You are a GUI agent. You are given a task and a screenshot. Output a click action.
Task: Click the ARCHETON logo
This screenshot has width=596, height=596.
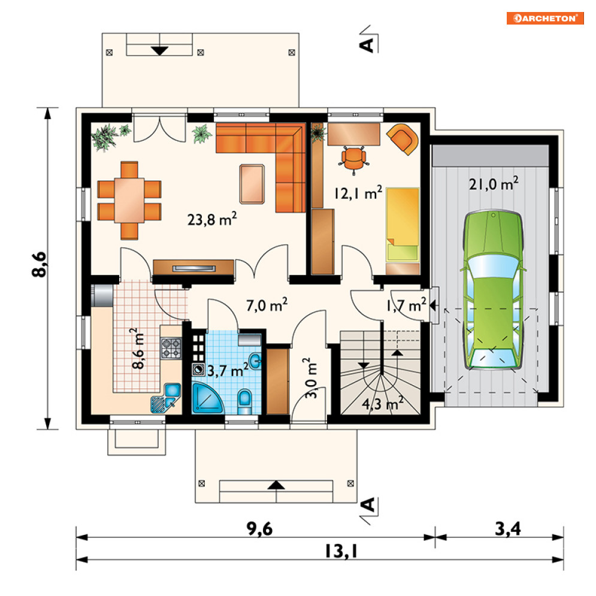click(545, 18)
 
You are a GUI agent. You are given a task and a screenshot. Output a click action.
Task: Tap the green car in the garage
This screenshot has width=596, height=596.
click(492, 289)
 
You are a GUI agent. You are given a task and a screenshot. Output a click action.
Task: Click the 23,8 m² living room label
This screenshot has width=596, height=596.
click(212, 219)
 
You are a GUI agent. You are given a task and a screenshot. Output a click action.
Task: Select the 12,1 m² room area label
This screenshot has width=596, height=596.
click(358, 193)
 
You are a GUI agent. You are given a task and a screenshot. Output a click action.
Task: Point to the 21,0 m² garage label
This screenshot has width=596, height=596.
click(494, 183)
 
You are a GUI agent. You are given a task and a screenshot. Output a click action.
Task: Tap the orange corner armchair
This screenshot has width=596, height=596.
click(403, 139)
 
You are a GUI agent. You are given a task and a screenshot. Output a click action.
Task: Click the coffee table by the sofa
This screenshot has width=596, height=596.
click(252, 184)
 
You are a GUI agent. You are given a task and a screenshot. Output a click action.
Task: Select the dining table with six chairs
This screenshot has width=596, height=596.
click(129, 200)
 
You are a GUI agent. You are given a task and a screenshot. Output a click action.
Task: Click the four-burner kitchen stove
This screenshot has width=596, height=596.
click(171, 348)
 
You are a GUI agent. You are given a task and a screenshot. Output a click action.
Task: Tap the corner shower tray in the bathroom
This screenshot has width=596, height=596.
click(207, 398)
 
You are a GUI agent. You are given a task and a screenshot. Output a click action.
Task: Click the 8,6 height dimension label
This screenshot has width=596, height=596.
click(39, 265)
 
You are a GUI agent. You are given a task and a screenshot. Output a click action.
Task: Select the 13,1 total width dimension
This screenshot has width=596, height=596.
click(341, 551)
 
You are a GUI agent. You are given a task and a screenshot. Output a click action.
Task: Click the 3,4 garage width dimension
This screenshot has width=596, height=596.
click(508, 529)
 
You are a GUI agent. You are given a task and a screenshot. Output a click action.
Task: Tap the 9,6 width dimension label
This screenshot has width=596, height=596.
click(259, 529)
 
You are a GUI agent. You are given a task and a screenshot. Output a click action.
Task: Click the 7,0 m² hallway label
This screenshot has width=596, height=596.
click(267, 305)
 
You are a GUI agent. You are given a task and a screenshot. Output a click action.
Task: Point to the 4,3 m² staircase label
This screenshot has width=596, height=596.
click(382, 403)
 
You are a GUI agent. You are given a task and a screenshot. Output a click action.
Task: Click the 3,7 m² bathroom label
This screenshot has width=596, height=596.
click(228, 370)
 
